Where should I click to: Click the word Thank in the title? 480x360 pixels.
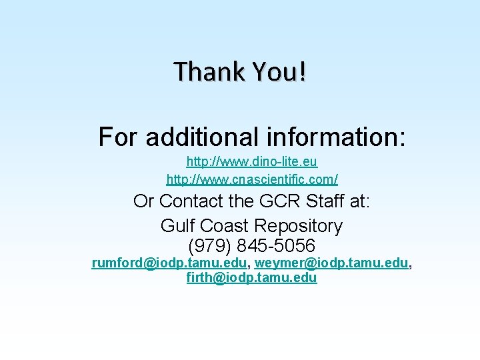pos(203,71)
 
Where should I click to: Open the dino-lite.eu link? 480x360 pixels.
pos(252,162)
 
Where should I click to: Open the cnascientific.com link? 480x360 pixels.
pos(252,179)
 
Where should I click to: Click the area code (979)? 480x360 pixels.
pos(209,245)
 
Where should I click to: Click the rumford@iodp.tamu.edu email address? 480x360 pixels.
pos(169,263)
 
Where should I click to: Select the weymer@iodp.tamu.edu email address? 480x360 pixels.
pos(331,263)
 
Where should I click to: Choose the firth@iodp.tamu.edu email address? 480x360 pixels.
pos(252,278)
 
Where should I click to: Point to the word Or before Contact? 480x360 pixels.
pos(143,201)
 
